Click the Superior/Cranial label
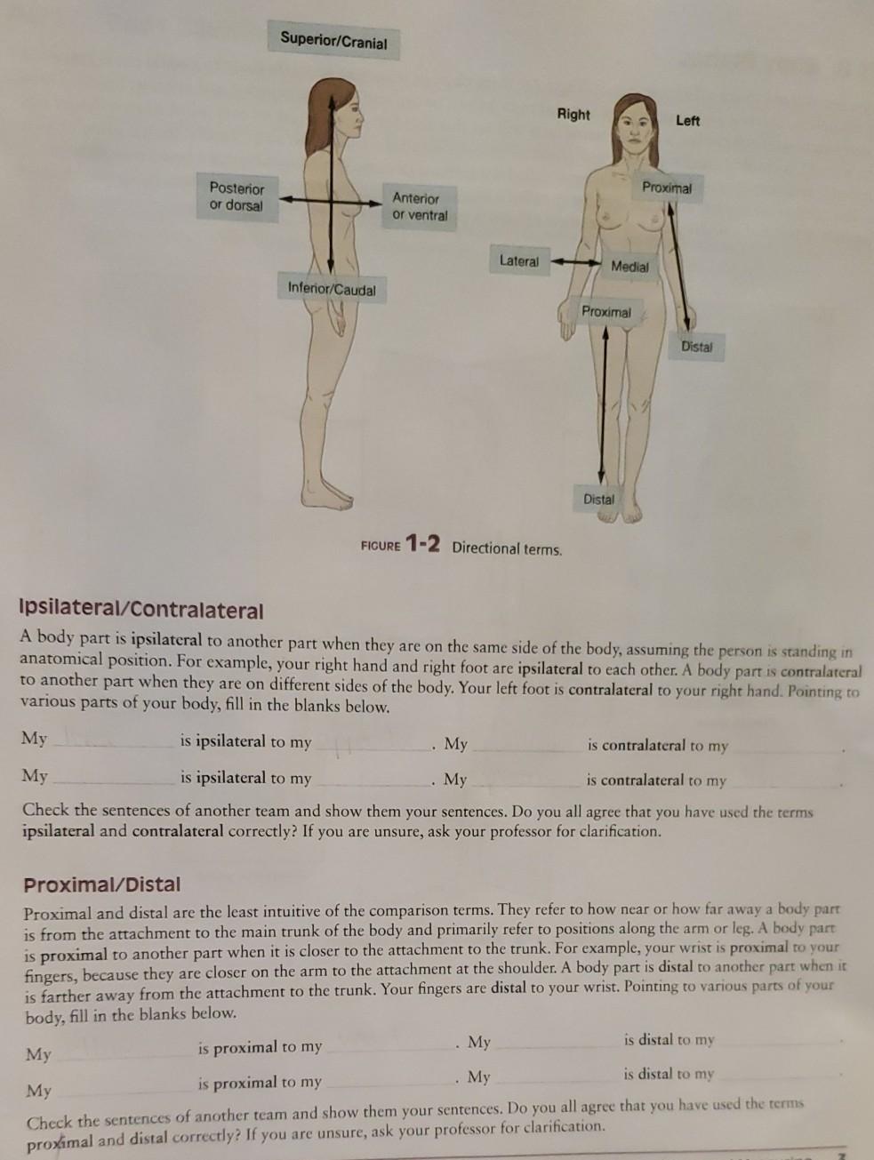coord(333,40)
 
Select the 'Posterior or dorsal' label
coord(236,196)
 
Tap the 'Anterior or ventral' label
coord(419,206)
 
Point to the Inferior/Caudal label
coord(332,289)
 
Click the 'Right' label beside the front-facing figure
coord(573,114)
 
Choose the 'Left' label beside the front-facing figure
coord(687,120)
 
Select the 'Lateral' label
coord(518,260)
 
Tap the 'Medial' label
coord(629,266)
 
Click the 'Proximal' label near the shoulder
coord(666,188)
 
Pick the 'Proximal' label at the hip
coord(605,312)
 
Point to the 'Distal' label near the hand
coord(696,346)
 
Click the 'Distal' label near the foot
coord(598,499)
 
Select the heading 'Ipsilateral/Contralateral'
coord(141,611)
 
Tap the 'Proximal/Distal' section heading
coord(101,884)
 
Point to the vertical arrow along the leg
coord(604,404)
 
